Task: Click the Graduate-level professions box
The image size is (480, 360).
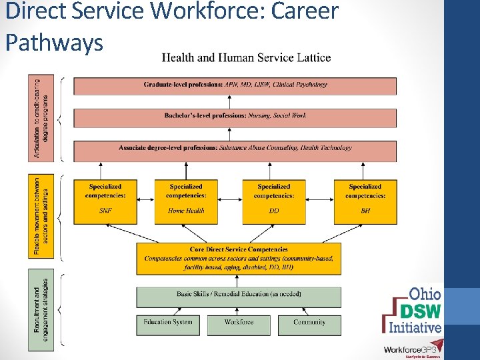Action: tap(235, 85)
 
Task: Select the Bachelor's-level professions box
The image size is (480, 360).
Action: tap(235, 117)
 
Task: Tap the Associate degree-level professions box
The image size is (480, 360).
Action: tap(235, 149)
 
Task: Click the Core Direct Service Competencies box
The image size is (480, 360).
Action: tap(239, 258)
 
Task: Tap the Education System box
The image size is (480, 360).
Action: tap(168, 324)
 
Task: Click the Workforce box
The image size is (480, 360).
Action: tap(239, 324)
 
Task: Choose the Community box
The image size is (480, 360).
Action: tap(309, 324)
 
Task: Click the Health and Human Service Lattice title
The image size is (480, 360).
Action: tap(246, 57)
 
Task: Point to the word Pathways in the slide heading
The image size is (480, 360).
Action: tap(54, 43)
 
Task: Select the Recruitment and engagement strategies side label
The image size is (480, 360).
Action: tap(41, 311)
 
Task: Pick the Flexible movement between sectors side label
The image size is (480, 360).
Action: tap(41, 215)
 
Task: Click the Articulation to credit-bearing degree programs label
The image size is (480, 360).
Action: tap(41, 119)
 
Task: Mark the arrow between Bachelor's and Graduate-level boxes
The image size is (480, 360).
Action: tap(229, 101)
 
